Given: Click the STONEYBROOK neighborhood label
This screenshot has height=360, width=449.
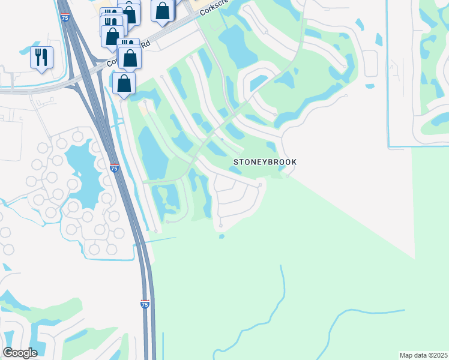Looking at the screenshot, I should pyautogui.click(x=265, y=162).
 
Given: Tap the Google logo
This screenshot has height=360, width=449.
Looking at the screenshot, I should pyautogui.click(x=20, y=352).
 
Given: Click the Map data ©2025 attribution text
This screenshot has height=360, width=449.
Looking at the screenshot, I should pyautogui.click(x=424, y=355).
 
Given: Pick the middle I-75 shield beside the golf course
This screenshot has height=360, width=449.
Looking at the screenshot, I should pyautogui.click(x=114, y=169).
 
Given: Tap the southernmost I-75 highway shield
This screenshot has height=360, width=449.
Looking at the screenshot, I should pyautogui.click(x=145, y=304).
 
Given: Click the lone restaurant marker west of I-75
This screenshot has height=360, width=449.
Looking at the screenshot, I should pyautogui.click(x=41, y=58).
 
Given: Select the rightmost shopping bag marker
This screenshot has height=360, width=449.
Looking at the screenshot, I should pyautogui.click(x=162, y=10).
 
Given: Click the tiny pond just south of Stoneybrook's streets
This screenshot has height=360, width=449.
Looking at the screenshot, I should pyautogui.click(x=221, y=236).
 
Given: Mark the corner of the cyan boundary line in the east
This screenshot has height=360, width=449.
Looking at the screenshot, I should pyautogui.click(x=389, y=146).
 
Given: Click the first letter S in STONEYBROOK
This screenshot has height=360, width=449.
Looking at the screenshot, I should pyautogui.click(x=235, y=162).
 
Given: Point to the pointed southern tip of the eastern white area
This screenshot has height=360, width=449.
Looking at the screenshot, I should pyautogui.click(x=414, y=259).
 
